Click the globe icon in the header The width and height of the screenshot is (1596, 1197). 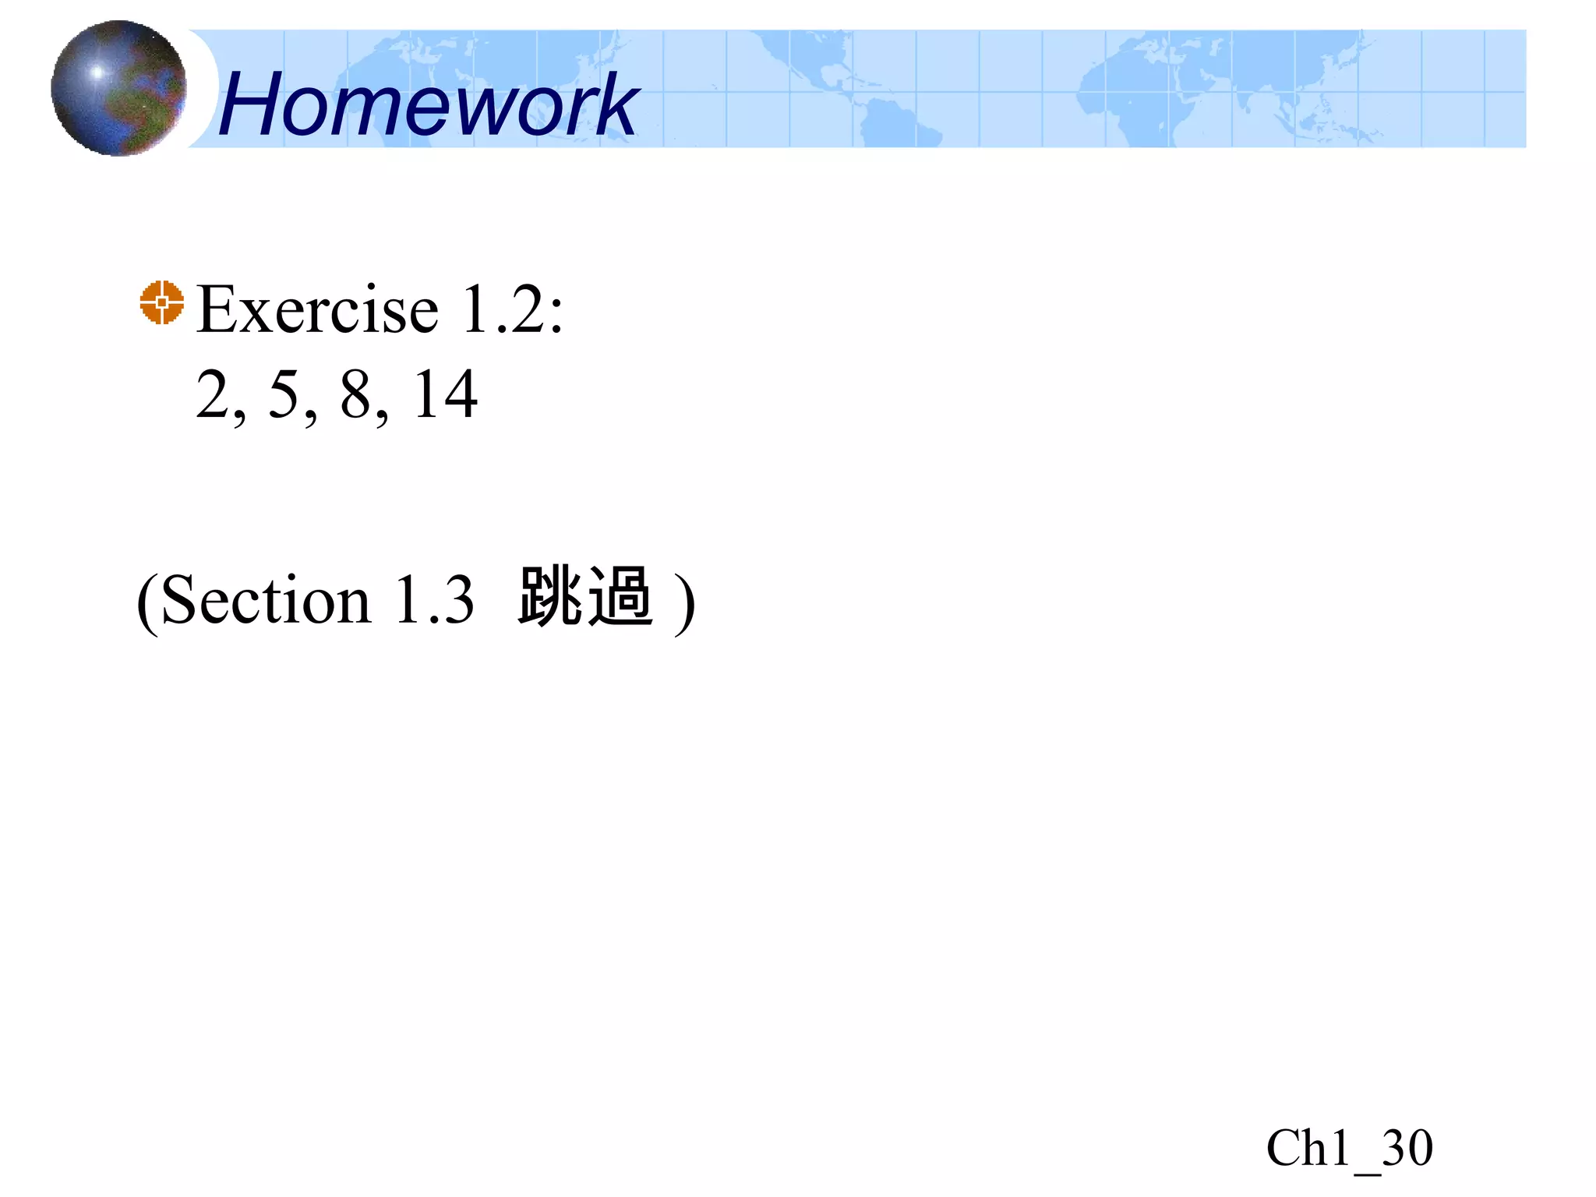pyautogui.click(x=118, y=88)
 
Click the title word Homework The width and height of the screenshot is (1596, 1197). pyautogui.click(x=428, y=104)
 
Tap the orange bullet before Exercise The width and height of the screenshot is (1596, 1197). pyautogui.click(x=162, y=302)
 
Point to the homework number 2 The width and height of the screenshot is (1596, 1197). pyautogui.click(x=213, y=395)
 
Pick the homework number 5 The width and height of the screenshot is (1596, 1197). pyautogui.click(x=284, y=395)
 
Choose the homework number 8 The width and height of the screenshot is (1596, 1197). pyautogui.click(x=355, y=395)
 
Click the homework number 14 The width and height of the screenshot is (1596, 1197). pyautogui.click(x=445, y=395)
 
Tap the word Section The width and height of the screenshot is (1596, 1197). pyautogui.click(x=265, y=601)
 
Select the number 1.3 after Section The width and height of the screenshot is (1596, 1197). pyautogui.click(x=434, y=601)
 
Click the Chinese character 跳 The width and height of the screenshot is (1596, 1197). pyautogui.click(x=550, y=596)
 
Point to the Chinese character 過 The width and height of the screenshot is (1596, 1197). pyautogui.click(x=620, y=596)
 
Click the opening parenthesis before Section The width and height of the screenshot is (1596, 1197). pyautogui.click(x=147, y=601)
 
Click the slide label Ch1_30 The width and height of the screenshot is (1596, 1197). pyautogui.click(x=1349, y=1148)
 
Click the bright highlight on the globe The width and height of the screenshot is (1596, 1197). pyautogui.click(x=97, y=72)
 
